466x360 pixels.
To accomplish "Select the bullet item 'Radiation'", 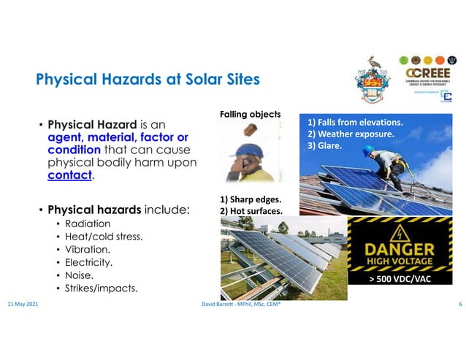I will (88, 223).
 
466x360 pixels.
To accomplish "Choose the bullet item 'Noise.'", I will (80, 275).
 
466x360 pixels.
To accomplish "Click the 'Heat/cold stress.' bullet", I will (104, 237).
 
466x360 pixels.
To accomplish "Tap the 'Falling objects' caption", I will (250, 114).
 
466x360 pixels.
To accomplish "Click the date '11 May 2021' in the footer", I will (23, 302).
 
